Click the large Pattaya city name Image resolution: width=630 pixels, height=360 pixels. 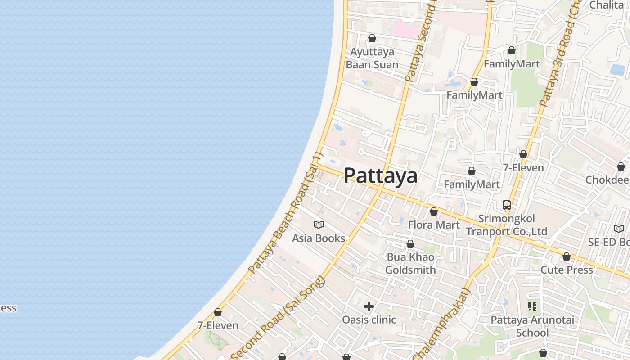[x=380, y=175]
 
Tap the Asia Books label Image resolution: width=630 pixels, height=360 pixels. [x=318, y=238]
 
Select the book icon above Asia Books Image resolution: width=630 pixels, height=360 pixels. [x=319, y=225]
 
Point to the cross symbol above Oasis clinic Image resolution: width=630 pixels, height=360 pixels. [x=369, y=306]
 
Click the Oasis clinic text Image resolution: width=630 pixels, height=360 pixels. [x=369, y=320]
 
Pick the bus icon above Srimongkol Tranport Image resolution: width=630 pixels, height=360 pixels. [x=507, y=205]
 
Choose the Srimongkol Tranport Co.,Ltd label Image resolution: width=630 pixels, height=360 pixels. [x=507, y=225]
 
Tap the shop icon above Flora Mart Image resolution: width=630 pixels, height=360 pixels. [x=434, y=211]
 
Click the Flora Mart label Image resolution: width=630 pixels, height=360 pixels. [x=434, y=225]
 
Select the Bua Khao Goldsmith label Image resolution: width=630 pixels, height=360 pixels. [x=410, y=264]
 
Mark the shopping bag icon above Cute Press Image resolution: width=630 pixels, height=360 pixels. [x=567, y=256]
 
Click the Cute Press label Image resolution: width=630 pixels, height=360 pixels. [x=567, y=270]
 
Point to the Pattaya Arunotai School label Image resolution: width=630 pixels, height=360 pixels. [x=532, y=326]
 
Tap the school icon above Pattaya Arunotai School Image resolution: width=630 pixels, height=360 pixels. [x=532, y=306]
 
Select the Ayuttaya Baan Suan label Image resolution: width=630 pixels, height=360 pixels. [x=372, y=58]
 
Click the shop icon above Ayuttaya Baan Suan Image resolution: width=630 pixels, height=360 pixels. [x=372, y=38]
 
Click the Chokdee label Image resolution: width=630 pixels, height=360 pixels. [x=607, y=180]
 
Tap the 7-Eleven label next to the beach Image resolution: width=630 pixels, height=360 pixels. [x=218, y=325]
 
